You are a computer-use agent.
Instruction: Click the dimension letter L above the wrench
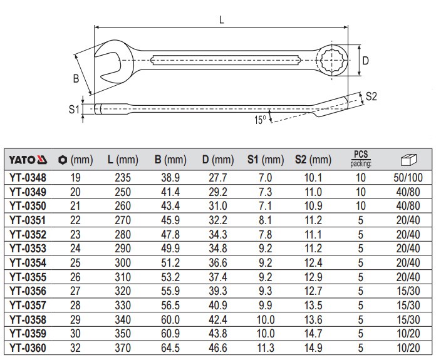[x=222, y=19]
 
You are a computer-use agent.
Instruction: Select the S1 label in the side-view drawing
[x=74, y=109]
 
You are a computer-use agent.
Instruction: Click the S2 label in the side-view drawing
[x=371, y=96]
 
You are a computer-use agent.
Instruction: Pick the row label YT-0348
[x=29, y=178]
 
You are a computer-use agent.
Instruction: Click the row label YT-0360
[x=29, y=346]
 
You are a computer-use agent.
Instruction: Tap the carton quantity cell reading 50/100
[x=407, y=178]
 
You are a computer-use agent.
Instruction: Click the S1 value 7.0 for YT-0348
[x=264, y=178]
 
